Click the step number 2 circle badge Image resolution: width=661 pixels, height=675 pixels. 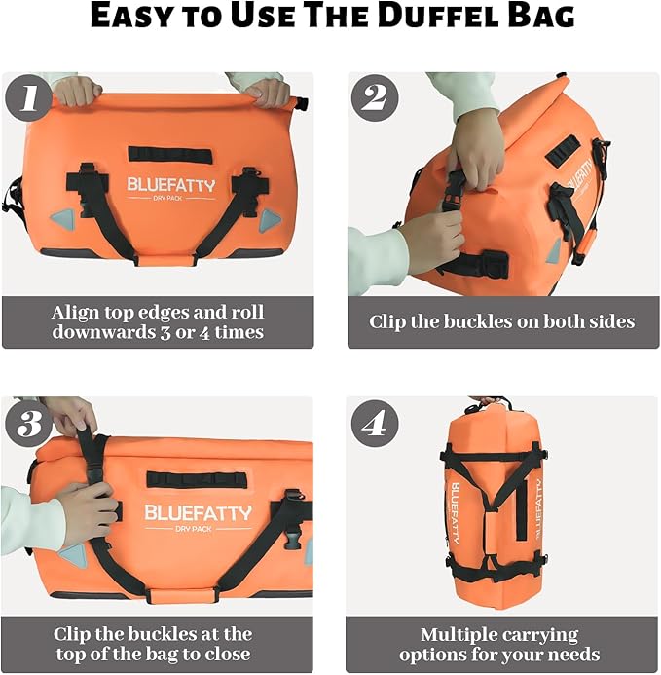375,98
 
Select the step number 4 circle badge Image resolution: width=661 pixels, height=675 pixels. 375,423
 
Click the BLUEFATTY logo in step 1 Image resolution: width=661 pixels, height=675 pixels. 170,184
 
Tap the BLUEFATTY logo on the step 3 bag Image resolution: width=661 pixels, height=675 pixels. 198,513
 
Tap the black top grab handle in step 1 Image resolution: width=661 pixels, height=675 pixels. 169,154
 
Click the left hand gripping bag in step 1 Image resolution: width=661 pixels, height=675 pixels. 78,91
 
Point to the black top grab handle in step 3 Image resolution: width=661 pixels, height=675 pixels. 182,479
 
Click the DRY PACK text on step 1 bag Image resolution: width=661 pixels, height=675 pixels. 170,199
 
